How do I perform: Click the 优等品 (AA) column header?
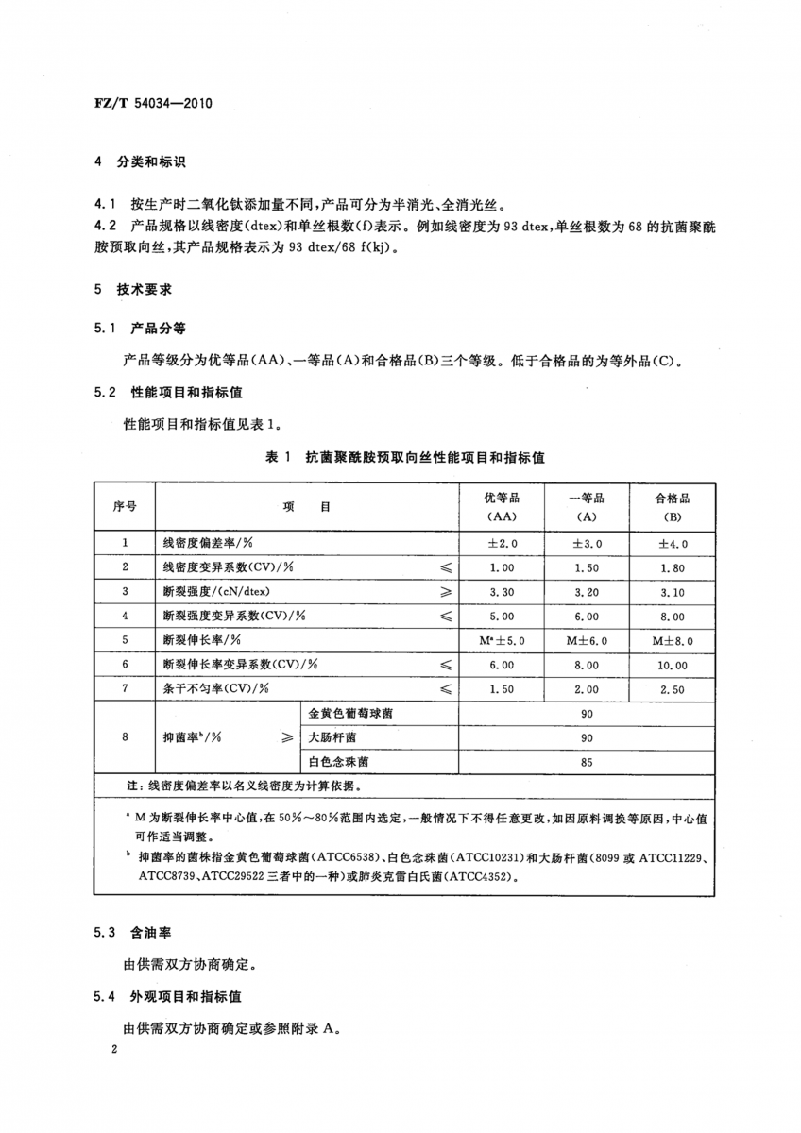(502, 507)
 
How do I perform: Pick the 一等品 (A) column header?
(587, 507)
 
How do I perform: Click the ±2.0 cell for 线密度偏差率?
(502, 544)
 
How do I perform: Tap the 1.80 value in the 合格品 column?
(673, 567)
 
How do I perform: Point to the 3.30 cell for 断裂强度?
(502, 591)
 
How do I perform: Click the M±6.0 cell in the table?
(587, 639)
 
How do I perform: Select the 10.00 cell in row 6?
(673, 665)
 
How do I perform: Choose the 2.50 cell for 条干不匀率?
(673, 689)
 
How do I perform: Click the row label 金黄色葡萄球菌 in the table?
(351, 714)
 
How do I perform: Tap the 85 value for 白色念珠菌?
(587, 762)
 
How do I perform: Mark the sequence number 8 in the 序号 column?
(125, 737)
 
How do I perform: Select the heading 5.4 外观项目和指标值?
(169, 996)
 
